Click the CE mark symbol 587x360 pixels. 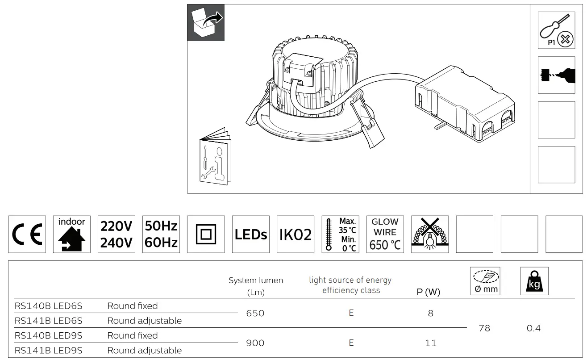click(27, 234)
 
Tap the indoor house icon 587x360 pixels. click(71, 234)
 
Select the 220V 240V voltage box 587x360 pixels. click(116, 234)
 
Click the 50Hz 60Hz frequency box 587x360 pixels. click(161, 234)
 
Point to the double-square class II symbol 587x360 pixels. click(206, 234)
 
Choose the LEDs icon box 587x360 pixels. click(250, 234)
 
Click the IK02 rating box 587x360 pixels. click(295, 234)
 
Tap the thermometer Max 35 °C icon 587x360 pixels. click(340, 234)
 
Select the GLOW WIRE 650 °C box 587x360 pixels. click(385, 234)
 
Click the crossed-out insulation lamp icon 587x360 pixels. click(429, 234)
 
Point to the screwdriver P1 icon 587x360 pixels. click(556, 30)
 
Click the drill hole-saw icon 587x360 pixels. click(556, 75)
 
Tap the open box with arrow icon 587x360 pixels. click(206, 23)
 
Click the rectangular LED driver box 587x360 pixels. click(464, 105)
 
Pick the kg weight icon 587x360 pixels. click(534, 281)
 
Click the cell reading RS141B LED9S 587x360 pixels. click(49, 350)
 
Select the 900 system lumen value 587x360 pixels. click(255, 343)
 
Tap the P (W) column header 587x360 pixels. click(429, 292)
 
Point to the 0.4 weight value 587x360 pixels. click(533, 328)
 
